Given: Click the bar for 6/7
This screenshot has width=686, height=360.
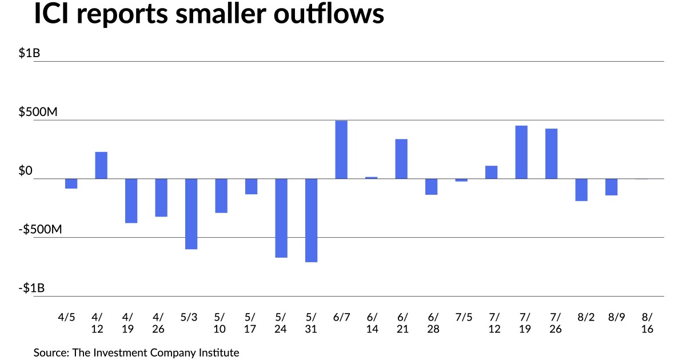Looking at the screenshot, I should point(341,150).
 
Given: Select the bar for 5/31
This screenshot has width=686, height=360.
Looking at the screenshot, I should point(311,220).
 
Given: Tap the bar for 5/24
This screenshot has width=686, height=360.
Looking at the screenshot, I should point(281,218).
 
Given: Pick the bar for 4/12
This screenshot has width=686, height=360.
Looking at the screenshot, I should point(101,165).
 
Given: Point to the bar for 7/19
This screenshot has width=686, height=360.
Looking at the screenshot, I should point(521,152).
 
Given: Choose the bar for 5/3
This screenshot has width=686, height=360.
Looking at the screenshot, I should point(191,214).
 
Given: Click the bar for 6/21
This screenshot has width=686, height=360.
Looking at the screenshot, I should point(401,159).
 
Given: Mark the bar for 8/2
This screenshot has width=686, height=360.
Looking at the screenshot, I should point(581,190).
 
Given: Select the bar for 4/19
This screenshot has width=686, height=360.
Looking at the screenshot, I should point(131,201).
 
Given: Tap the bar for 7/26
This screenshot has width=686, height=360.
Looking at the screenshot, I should point(551,154).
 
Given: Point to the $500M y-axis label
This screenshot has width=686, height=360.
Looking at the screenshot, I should point(38,113).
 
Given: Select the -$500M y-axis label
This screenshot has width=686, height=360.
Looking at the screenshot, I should point(40,230).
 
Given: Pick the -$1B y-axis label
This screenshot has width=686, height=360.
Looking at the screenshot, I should point(31,289).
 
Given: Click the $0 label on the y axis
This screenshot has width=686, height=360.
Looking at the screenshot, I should point(27,171).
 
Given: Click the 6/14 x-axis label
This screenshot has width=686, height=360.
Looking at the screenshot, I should point(371,323).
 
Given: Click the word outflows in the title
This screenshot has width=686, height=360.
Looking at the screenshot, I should point(328,15).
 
